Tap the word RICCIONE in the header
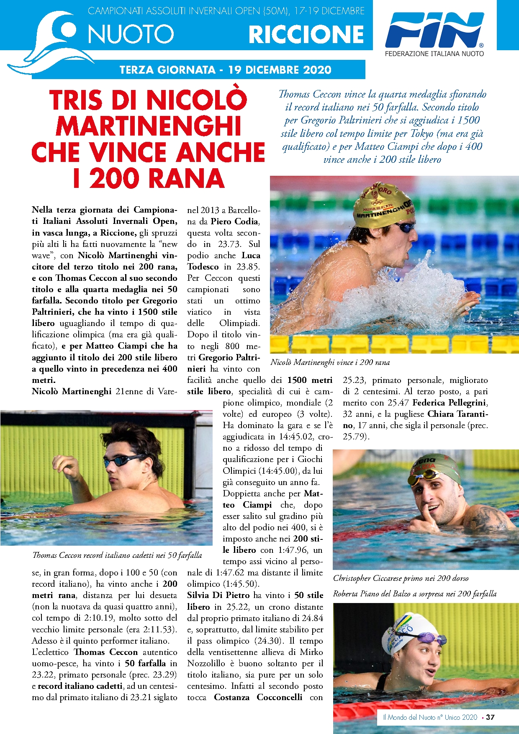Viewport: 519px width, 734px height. click(x=306, y=34)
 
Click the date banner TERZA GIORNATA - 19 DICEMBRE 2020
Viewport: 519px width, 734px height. click(x=225, y=69)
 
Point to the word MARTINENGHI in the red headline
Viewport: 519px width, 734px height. click(x=149, y=126)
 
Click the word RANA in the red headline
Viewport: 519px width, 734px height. click(x=187, y=178)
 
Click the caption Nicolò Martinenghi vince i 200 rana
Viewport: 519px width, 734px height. click(x=330, y=362)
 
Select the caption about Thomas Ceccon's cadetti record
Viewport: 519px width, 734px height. click(x=117, y=555)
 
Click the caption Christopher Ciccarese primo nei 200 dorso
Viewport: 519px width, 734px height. click(x=401, y=578)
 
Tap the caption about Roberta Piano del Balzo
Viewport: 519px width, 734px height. click(x=414, y=594)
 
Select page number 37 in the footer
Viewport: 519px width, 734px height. click(x=490, y=717)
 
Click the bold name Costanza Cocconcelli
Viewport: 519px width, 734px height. click(x=258, y=697)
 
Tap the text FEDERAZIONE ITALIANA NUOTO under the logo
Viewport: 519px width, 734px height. click(x=434, y=54)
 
